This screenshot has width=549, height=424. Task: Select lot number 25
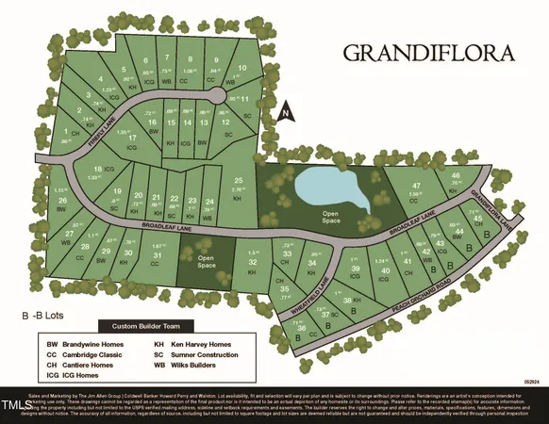[240, 181]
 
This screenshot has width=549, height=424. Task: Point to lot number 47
[415, 185]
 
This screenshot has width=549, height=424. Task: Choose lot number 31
[159, 256]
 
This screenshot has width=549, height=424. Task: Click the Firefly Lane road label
[97, 139]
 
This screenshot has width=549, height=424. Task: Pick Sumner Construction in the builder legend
[207, 356]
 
